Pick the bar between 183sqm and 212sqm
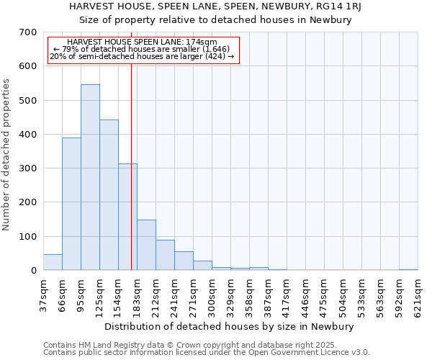coord(146,245)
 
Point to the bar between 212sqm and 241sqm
coord(165,255)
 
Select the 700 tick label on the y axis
coord(28,32)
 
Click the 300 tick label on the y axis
coord(28,168)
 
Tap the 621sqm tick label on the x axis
coord(418,297)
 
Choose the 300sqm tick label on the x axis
coord(212,297)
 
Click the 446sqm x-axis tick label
coord(305,297)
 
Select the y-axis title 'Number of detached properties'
coord(7,155)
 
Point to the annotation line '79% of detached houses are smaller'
coord(142,50)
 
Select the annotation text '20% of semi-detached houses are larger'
coord(142,57)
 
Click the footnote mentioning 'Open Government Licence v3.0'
coord(207,353)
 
